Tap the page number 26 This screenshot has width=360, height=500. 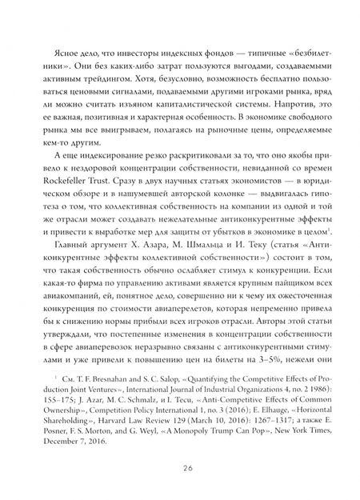[180, 468]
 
